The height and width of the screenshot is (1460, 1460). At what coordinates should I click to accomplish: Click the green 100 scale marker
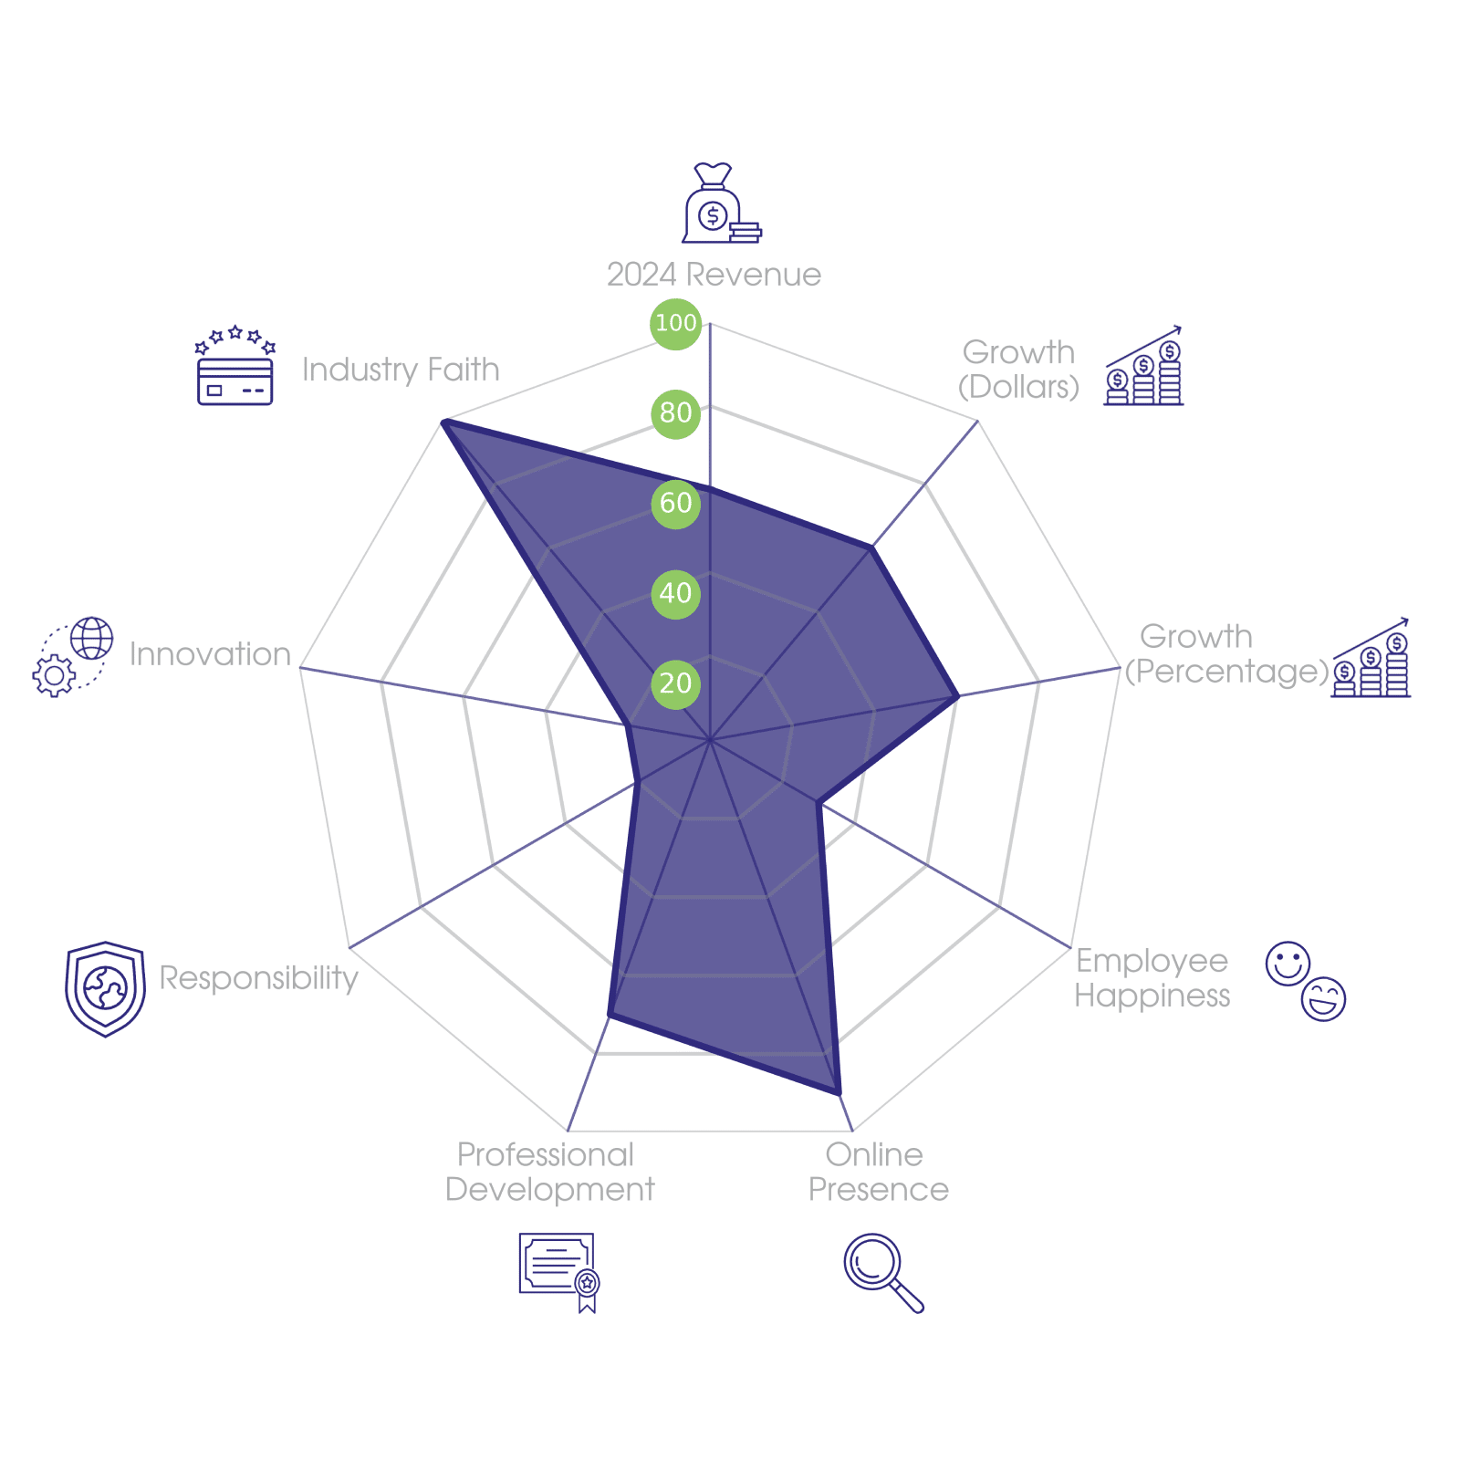[x=675, y=323]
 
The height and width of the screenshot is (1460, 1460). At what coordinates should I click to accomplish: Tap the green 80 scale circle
[x=675, y=412]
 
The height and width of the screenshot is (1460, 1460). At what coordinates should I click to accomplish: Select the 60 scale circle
[x=675, y=503]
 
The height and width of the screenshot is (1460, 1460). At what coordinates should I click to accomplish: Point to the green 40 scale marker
[x=675, y=593]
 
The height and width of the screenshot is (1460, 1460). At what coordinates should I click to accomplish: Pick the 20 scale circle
[x=675, y=683]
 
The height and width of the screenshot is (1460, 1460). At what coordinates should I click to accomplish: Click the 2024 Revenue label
[x=714, y=275]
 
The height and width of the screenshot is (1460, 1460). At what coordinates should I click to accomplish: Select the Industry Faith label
[x=401, y=370]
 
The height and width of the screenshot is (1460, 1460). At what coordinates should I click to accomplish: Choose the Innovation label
[x=210, y=654]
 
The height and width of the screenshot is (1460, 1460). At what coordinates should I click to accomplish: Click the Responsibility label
[x=258, y=977]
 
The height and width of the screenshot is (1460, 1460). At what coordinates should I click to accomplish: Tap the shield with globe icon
[x=105, y=989]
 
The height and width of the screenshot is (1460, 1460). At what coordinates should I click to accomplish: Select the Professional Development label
[x=549, y=1173]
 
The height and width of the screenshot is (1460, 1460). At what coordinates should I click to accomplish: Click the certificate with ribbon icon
[x=558, y=1272]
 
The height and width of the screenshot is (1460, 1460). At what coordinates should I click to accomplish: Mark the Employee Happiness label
[x=1152, y=978]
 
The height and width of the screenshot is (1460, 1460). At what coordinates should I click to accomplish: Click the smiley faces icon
[x=1305, y=981]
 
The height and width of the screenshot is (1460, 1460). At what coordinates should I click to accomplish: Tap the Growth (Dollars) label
[x=1018, y=370]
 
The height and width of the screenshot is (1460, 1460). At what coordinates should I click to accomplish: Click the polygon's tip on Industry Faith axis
[x=442, y=421]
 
